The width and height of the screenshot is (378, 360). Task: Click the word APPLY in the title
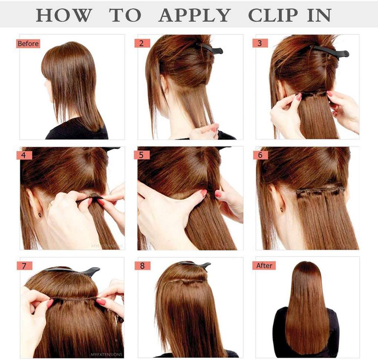pyautogui.click(x=195, y=15)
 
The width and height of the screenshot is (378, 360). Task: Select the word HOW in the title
pyautogui.click(x=64, y=15)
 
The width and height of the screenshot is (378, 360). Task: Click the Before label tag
pyautogui.click(x=28, y=44)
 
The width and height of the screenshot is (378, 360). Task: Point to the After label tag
pyautogui.click(x=264, y=266)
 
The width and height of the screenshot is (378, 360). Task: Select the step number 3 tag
pyautogui.click(x=260, y=43)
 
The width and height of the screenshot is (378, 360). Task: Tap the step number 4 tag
pyautogui.click(x=24, y=155)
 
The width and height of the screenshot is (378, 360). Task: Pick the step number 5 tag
pyautogui.click(x=142, y=155)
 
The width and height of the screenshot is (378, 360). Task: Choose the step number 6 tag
pyautogui.click(x=260, y=155)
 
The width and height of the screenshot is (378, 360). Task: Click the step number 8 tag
pyautogui.click(x=142, y=266)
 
